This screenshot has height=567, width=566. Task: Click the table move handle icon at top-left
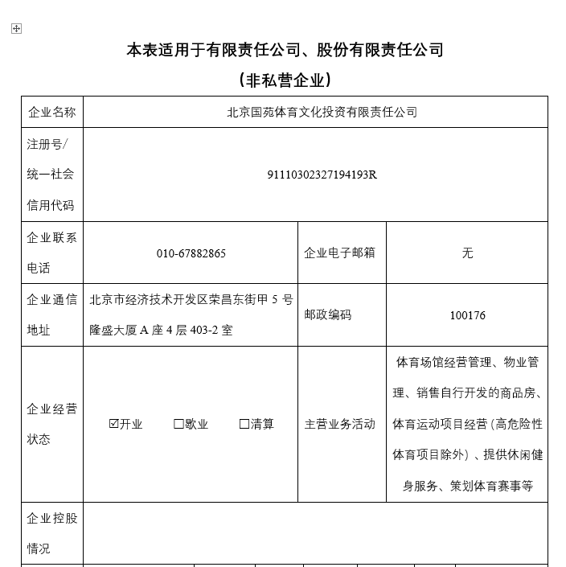pyautogui.click(x=17, y=29)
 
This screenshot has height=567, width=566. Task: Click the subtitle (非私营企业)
pyautogui.click(x=285, y=80)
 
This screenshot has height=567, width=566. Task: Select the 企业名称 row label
pyautogui.click(x=51, y=112)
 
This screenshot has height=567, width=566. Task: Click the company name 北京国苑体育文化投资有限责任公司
pyautogui.click(x=322, y=112)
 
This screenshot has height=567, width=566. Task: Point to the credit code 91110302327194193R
pyautogui.click(x=322, y=175)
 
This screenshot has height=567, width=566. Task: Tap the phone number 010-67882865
pyautogui.click(x=191, y=253)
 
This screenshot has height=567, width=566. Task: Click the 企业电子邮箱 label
pyautogui.click(x=339, y=253)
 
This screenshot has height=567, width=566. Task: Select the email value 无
pyautogui.click(x=467, y=253)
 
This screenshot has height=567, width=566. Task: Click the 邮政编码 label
pyautogui.click(x=327, y=315)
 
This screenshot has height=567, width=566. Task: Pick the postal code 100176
pyautogui.click(x=467, y=315)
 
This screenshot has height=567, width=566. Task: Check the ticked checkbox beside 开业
pyautogui.click(x=113, y=424)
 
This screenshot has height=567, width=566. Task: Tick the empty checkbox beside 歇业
pyautogui.click(x=178, y=424)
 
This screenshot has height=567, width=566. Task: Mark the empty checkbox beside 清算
pyautogui.click(x=244, y=424)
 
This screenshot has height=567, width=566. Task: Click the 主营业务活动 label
pyautogui.click(x=339, y=424)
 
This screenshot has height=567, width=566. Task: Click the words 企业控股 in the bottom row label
pyautogui.click(x=51, y=517)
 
